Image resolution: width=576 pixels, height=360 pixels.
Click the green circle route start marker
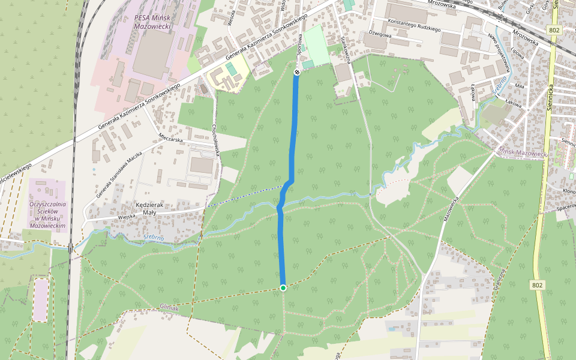tap(283, 288)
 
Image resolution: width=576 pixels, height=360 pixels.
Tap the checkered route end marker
tap(296, 72)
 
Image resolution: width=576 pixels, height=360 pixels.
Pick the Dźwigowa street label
tap(380, 35)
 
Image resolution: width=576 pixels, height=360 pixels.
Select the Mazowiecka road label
tap(451, 209)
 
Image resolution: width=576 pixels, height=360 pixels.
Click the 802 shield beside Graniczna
tap(538, 286)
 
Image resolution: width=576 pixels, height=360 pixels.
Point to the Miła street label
tap(519, 86)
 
